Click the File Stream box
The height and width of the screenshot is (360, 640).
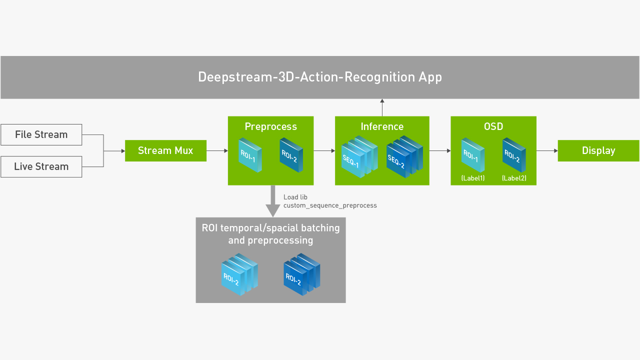pos(41,134)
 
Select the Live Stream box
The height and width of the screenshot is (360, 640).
pos(41,166)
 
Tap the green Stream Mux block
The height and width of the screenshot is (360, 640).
pos(165,150)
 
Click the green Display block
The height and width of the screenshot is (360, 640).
pos(598,150)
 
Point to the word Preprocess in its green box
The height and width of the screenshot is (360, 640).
pos(271,126)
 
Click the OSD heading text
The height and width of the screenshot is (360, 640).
pos(493,126)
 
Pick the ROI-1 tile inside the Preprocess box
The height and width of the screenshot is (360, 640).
pos(250,155)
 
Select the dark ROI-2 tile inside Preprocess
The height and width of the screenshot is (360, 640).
pos(291,155)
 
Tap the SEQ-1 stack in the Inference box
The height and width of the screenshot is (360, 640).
pos(359,156)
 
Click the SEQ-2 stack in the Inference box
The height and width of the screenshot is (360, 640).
pos(404,156)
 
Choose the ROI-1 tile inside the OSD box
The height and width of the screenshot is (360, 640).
pos(473,155)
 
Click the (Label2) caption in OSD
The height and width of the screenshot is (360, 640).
pos(514,178)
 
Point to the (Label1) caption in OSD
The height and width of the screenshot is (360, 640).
pos(473,178)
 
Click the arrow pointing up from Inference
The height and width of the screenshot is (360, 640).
pos(382,107)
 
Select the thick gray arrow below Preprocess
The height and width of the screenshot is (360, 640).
pos(273,201)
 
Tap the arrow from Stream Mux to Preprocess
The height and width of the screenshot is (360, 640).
pos(217,150)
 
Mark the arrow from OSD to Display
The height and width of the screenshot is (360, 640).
pos(547,150)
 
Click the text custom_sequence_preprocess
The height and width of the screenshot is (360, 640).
pos(330,205)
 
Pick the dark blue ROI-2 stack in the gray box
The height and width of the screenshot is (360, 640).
pos(301,274)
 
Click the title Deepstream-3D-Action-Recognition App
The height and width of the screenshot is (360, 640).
pos(320,77)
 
